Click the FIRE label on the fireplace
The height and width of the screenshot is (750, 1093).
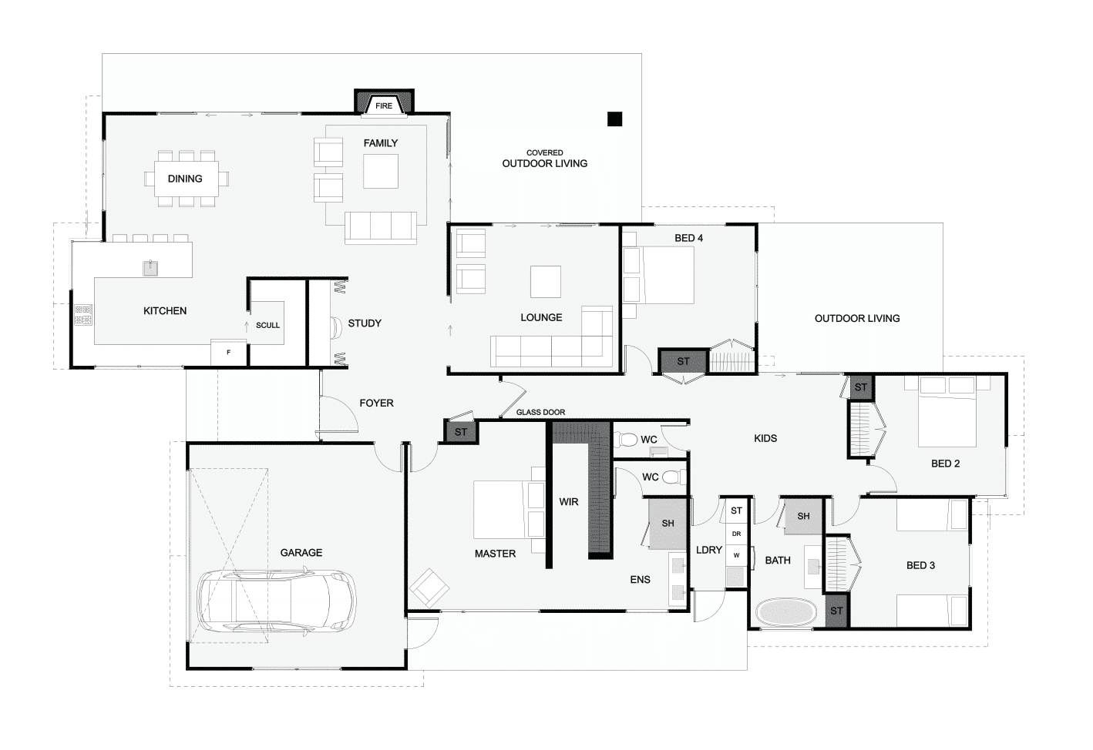(384, 105)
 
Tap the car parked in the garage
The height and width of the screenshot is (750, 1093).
(276, 602)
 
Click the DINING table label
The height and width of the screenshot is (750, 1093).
(185, 179)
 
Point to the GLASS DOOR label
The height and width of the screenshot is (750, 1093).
(540, 412)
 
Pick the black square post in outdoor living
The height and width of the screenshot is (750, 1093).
(615, 119)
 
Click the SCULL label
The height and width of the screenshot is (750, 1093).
(268, 325)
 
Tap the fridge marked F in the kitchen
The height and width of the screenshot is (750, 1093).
(228, 352)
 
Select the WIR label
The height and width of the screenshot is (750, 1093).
(568, 502)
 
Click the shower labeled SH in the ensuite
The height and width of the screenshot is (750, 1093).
(667, 524)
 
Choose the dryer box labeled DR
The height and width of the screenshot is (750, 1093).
(736, 534)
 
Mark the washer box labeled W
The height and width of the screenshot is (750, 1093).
(736, 555)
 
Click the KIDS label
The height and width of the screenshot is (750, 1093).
(765, 439)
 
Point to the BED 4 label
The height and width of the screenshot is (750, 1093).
(688, 238)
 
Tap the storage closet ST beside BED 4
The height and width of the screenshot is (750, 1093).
(683, 362)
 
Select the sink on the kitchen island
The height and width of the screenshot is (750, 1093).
(150, 268)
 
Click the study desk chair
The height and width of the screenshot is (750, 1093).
(337, 327)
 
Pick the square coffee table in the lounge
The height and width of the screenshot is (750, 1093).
(546, 282)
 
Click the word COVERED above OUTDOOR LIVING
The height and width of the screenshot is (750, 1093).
(544, 153)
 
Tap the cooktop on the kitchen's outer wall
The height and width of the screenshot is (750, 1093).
(83, 315)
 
